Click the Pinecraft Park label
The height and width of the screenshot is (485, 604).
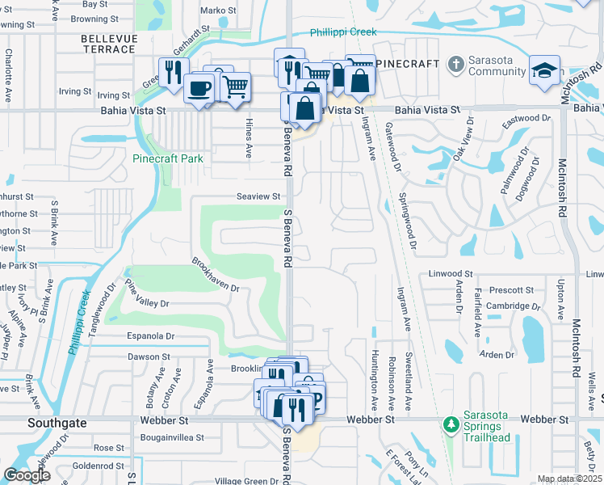[168, 158]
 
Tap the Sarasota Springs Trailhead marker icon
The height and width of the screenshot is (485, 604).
[451, 424]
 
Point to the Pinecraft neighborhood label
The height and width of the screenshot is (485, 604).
[407, 63]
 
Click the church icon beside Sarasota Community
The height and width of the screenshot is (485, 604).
[456, 64]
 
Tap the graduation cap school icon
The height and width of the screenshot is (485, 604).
[546, 70]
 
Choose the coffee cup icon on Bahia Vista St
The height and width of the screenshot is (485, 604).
[199, 88]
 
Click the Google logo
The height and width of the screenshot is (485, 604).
[27, 475]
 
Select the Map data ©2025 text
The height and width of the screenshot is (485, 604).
[569, 479]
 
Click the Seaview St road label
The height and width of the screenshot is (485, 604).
[258, 196]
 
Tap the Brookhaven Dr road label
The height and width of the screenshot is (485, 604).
[216, 275]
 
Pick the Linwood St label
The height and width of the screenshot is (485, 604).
[450, 274]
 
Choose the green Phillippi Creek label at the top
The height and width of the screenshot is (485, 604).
[342, 32]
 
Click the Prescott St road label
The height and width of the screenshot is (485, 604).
[511, 290]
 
